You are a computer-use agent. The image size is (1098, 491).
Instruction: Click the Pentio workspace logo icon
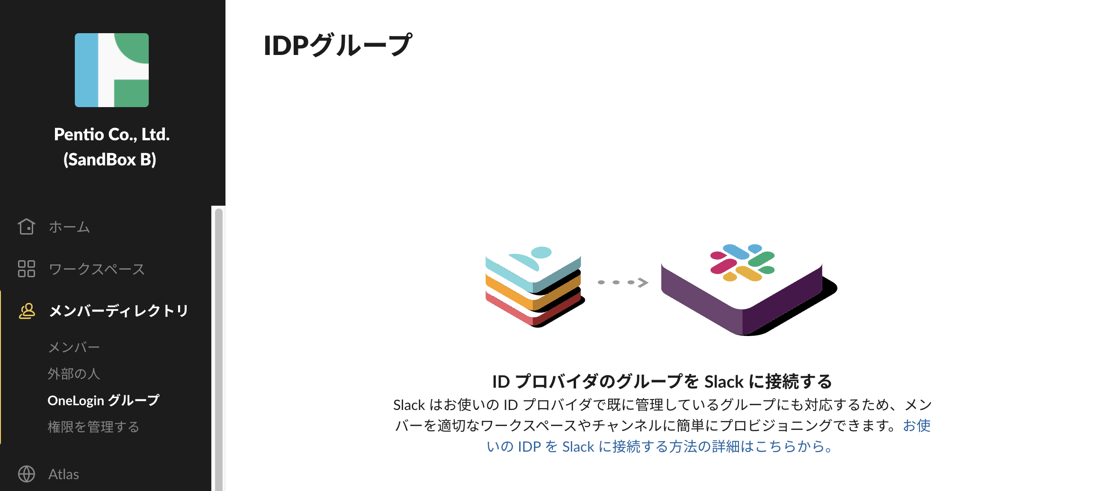point(112,70)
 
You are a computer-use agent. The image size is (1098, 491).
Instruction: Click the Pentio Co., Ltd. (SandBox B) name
point(111,147)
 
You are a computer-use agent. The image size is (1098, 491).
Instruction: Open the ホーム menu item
point(69,227)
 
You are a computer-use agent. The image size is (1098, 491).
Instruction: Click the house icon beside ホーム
point(27,227)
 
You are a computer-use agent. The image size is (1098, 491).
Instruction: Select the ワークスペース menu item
point(97,269)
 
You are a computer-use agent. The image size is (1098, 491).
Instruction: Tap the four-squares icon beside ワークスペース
point(27,269)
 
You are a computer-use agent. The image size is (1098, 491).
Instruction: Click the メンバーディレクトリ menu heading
point(119,311)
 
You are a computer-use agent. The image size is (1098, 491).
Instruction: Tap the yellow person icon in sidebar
point(27,311)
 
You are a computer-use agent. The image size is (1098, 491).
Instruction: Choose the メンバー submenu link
point(74,347)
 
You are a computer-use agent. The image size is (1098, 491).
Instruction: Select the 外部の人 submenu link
point(74,374)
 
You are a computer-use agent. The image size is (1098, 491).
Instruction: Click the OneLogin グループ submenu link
point(104,400)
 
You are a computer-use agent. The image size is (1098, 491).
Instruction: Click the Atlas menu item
point(63,474)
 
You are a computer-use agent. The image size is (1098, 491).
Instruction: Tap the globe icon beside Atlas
point(27,474)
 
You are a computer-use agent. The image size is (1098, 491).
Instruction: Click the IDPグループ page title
point(338,45)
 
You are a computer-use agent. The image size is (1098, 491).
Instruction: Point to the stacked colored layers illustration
point(535,286)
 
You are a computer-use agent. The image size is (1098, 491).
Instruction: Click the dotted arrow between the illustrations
point(623,282)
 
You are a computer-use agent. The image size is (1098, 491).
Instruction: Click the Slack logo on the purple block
point(742,263)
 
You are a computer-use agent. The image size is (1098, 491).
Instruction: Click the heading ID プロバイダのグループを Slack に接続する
point(662,382)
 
